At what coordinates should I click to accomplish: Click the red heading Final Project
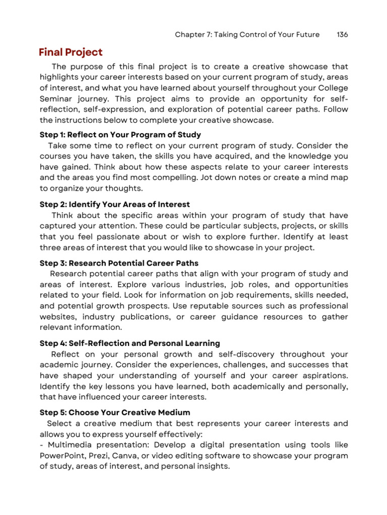coord(71,52)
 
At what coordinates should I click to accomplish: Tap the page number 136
coord(342,35)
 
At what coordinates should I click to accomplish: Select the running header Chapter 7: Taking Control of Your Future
coord(247,35)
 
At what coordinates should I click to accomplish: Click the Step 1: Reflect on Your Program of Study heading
coord(120,135)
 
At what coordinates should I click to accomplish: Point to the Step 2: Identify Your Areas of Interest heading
coord(115,204)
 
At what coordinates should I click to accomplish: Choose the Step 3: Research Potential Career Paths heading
coord(119,263)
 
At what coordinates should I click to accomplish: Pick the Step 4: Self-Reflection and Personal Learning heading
coord(130,343)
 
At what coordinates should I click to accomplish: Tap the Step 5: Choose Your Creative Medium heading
coord(115,412)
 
